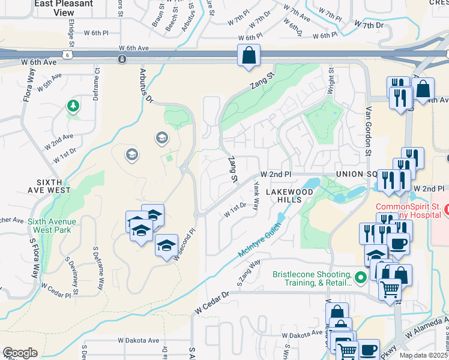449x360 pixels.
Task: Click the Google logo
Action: click(x=20, y=353)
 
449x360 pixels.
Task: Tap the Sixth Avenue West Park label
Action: click(x=52, y=225)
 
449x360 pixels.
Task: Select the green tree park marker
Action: click(x=73, y=106)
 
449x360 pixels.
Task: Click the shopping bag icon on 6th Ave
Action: click(x=249, y=56)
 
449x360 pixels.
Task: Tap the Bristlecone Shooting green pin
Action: click(x=361, y=277)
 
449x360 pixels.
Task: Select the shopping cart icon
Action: click(x=390, y=290)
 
